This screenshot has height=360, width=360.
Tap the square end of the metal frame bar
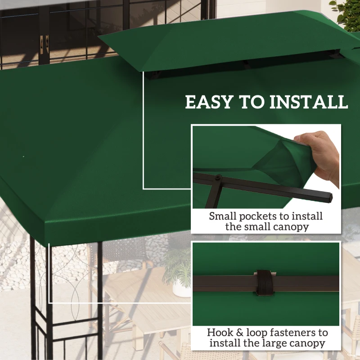point(330,197)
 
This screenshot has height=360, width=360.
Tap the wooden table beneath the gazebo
point(148,315)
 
